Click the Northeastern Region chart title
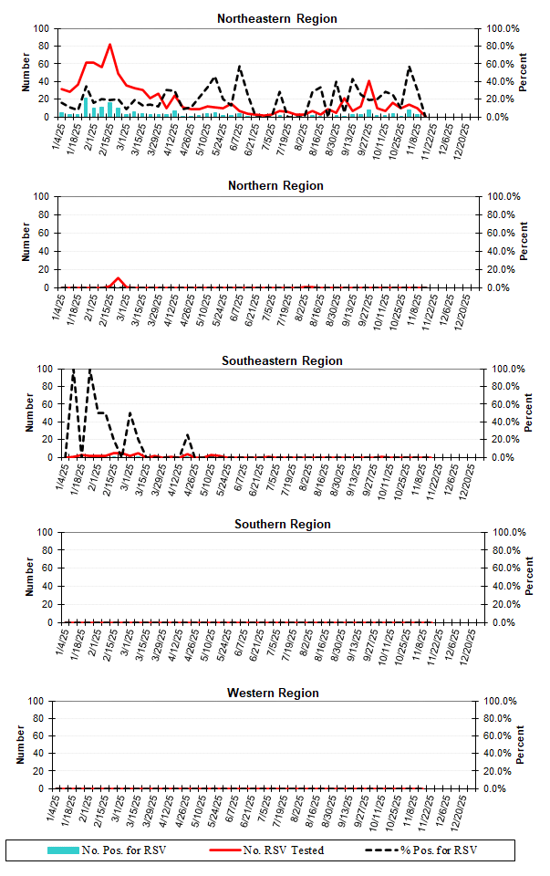coord(276,18)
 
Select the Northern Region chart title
coord(275,186)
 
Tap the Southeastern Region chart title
coord(282,360)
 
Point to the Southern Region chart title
coord(282,524)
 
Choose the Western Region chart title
coord(273,693)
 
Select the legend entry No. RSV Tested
coord(282,850)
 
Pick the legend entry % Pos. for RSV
coord(438,850)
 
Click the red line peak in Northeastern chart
coord(109,45)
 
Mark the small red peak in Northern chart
coord(118,278)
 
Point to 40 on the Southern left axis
coord(44,587)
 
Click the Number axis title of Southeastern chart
coord(29,412)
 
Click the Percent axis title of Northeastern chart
coord(524,72)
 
